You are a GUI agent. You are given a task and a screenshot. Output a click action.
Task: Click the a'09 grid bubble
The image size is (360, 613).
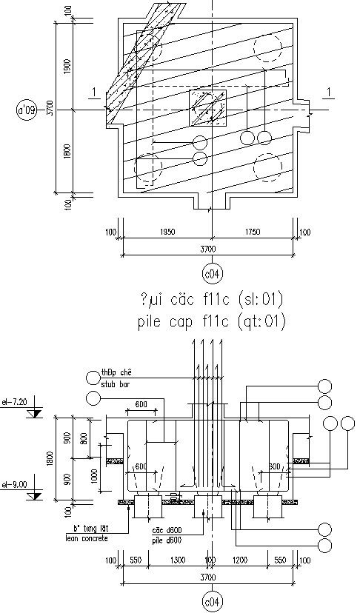[27, 111]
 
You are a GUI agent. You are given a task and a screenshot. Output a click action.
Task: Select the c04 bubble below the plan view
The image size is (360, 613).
[212, 275]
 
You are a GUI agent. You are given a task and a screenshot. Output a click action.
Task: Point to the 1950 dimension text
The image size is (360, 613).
[167, 232]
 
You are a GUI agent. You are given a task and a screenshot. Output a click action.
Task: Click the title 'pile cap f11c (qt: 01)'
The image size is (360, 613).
[211, 322]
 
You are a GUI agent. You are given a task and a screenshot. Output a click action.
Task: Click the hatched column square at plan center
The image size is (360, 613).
[207, 109]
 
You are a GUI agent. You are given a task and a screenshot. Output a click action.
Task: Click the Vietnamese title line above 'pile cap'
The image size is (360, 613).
[211, 300]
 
